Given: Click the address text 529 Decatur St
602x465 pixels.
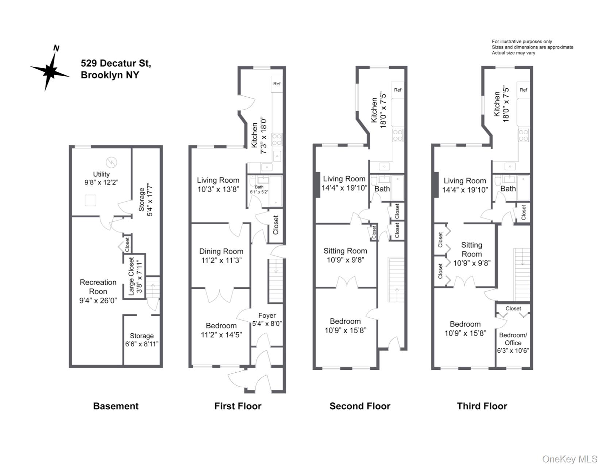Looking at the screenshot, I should click(x=116, y=63).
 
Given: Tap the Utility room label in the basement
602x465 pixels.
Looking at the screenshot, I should click(x=101, y=174).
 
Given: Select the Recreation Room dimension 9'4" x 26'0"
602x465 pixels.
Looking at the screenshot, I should click(x=98, y=301).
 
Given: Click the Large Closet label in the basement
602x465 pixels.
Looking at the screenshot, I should click(x=131, y=276).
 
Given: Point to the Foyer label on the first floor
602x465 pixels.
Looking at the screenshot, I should click(x=267, y=315).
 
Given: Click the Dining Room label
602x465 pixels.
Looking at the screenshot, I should click(x=221, y=251).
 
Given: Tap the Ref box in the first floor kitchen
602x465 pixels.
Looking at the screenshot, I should click(x=277, y=84).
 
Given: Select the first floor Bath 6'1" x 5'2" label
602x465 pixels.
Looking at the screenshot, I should click(x=259, y=189).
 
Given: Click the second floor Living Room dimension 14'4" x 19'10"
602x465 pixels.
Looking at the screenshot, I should click(x=344, y=188).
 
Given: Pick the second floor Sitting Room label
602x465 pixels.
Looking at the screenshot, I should click(x=345, y=251).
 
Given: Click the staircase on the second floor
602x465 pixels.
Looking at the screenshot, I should click(x=396, y=279).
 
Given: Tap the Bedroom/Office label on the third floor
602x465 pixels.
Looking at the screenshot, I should click(x=513, y=339).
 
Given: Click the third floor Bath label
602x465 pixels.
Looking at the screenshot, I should click(x=508, y=189).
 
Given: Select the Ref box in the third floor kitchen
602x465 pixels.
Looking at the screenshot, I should click(x=523, y=90).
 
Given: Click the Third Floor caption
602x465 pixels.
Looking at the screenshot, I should click(x=482, y=406).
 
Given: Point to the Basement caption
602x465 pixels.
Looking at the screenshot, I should click(x=116, y=406).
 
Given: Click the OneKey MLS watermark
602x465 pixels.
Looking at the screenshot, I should click(x=570, y=459).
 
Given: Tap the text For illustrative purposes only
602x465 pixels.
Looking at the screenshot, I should click(x=522, y=42).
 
